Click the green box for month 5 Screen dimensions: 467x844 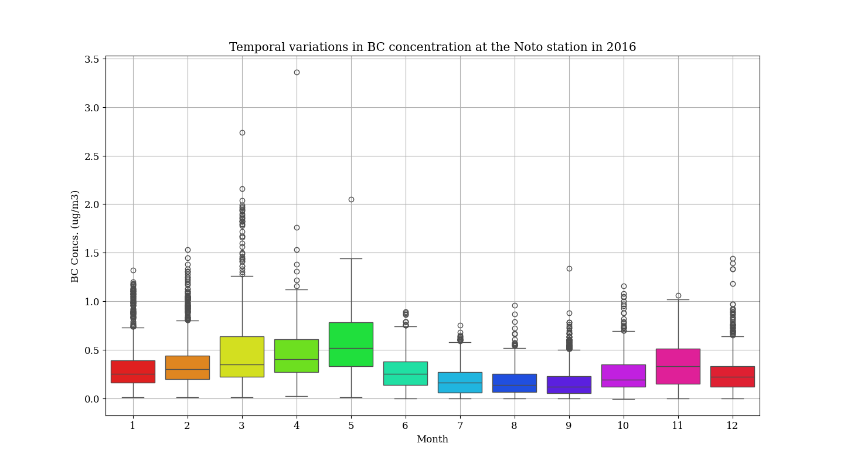[x=351, y=345]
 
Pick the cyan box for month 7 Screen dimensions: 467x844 [x=460, y=382]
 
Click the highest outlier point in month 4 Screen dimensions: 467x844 [x=297, y=72]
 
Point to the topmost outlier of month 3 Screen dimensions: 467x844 [x=242, y=132]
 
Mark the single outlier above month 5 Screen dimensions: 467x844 [x=351, y=199]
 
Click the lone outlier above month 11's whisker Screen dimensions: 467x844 [x=678, y=295]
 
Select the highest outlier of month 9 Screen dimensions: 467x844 [x=569, y=268]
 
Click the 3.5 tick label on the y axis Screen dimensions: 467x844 [x=91, y=59]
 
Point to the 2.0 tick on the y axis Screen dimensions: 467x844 [x=91, y=204]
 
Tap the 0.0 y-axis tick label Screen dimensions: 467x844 [x=91, y=399]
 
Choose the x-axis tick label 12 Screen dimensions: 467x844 [x=732, y=426]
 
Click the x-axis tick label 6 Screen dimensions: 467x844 [x=405, y=426]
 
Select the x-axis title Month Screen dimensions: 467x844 [x=432, y=439]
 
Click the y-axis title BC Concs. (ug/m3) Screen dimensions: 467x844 [x=75, y=236]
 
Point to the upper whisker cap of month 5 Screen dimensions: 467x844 [x=351, y=258]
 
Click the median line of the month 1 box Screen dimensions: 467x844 [x=133, y=374]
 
